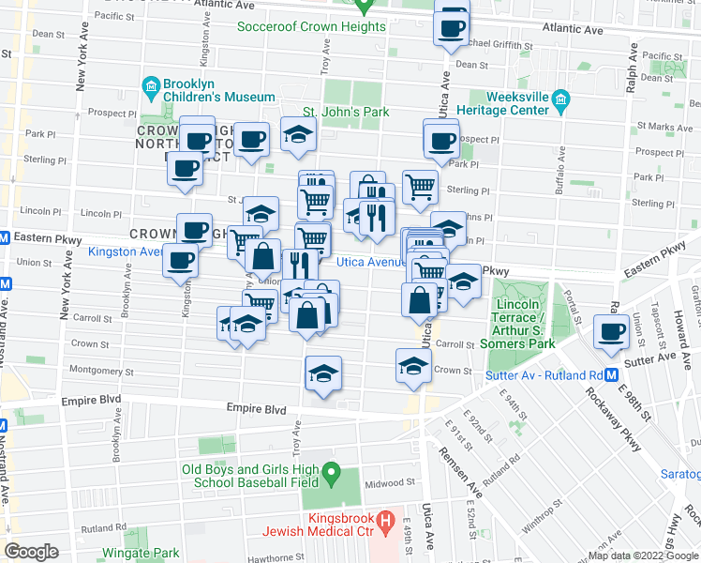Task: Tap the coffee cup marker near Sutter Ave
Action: tap(612, 331)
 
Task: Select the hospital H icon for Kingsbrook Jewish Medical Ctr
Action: tap(382, 519)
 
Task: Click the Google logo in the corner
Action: tap(32, 551)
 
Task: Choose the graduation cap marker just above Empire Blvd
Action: tap(323, 374)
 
